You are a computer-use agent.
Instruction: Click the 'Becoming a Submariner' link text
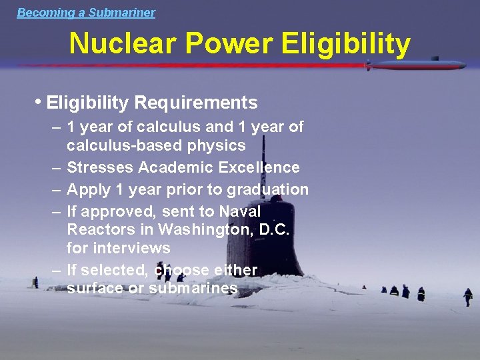tap(86, 13)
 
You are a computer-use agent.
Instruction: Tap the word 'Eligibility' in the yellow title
tap(346, 44)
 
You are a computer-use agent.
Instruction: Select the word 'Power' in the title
tap(229, 44)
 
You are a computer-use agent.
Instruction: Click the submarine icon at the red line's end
tap(416, 65)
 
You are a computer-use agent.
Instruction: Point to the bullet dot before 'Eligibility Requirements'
tap(39, 102)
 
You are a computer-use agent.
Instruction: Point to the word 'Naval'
tap(240, 211)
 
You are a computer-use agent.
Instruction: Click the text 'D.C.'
tap(275, 230)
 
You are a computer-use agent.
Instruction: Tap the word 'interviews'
tap(118, 248)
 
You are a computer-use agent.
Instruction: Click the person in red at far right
tap(468, 296)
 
